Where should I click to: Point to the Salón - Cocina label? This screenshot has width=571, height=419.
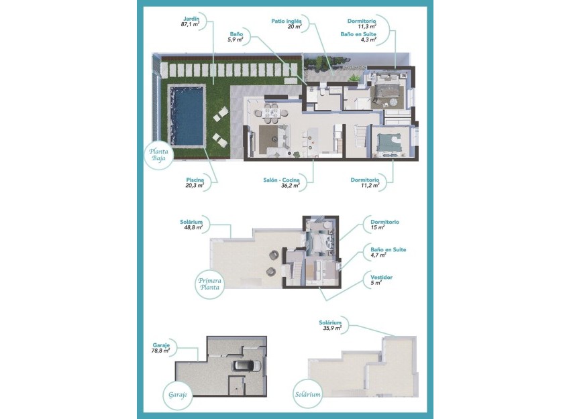(281, 183)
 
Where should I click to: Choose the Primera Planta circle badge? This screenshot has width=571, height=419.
(210, 284)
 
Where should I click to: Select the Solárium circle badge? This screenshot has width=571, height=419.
(307, 394)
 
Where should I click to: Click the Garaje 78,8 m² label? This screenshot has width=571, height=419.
(160, 347)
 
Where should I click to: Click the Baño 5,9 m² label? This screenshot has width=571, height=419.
(235, 36)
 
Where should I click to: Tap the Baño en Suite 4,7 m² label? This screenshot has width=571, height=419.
(388, 252)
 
